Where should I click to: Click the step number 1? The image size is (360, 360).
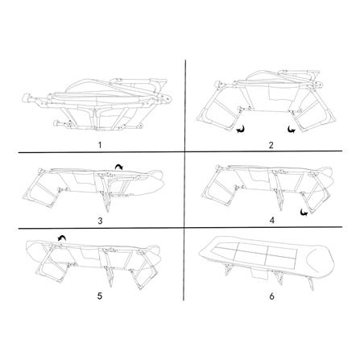click(100, 145)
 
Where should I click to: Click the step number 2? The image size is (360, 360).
click(271, 145)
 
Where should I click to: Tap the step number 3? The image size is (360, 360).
click(100, 221)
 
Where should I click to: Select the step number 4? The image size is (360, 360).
click(271, 221)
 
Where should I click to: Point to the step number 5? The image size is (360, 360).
click(100, 296)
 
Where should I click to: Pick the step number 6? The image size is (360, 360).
click(271, 296)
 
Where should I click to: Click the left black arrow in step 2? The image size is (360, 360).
click(241, 130)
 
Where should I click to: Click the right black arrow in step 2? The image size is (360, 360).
click(291, 130)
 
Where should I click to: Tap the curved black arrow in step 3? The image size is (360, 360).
click(118, 168)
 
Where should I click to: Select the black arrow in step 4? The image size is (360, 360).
click(305, 213)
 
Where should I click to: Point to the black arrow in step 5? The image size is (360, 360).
click(62, 237)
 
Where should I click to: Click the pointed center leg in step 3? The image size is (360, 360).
click(106, 201)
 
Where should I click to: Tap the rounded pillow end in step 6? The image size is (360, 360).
click(321, 261)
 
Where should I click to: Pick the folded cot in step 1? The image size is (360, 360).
click(97, 103)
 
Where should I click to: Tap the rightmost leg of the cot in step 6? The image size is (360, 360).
click(311, 284)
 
